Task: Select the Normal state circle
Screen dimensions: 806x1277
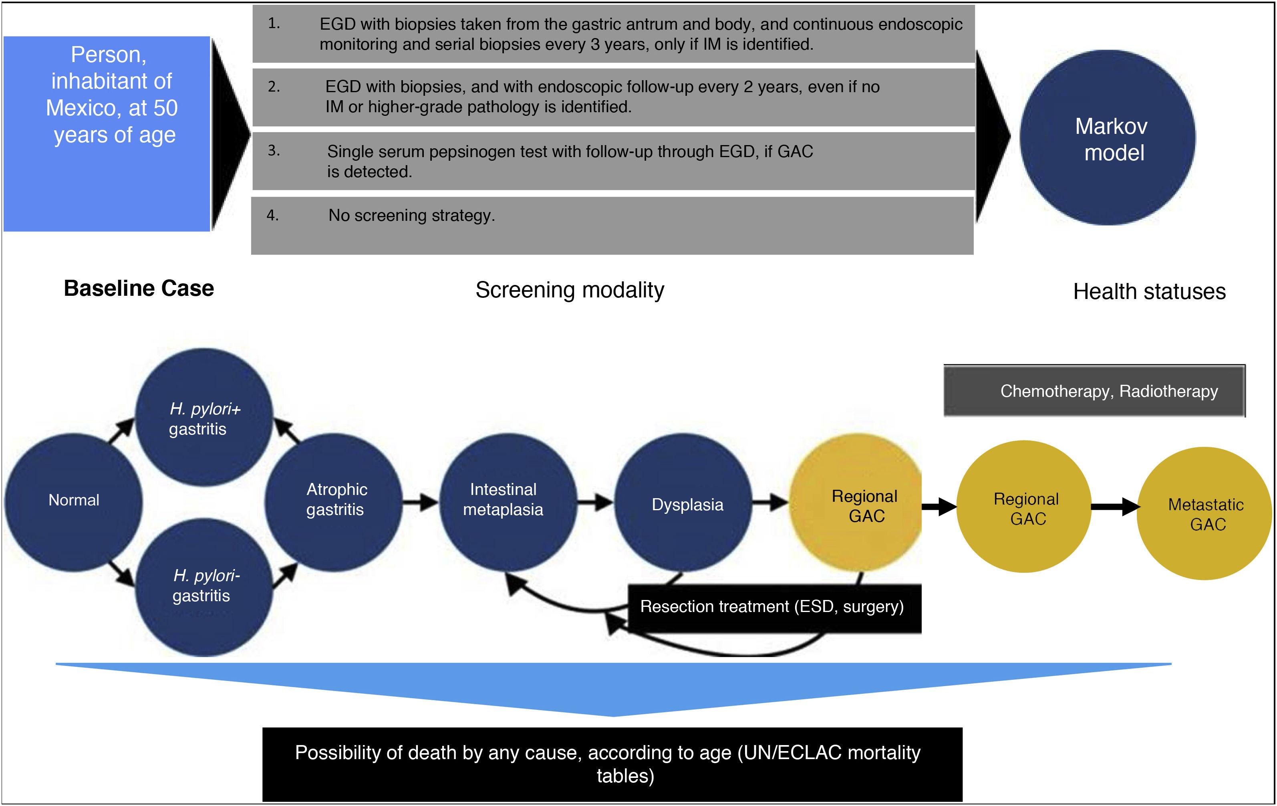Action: click(74, 501)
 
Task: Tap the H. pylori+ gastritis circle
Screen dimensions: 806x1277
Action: click(204, 418)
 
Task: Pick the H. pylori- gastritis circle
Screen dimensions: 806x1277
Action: click(205, 586)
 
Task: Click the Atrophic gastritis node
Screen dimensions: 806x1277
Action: click(334, 501)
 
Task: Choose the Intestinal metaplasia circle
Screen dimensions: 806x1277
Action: click(508, 501)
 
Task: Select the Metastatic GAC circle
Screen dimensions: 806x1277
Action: click(1205, 514)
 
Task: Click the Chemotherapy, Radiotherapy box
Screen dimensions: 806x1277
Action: click(1094, 391)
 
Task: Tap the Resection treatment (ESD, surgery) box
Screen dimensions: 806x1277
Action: click(773, 608)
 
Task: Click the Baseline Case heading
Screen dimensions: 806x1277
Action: click(139, 289)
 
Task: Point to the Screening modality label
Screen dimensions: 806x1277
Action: click(570, 290)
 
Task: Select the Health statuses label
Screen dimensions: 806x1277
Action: click(1149, 292)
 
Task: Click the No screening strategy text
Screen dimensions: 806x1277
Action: click(411, 216)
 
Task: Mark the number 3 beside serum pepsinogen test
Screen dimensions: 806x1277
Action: click(273, 151)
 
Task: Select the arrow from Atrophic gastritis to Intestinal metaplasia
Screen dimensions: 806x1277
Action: click(421, 501)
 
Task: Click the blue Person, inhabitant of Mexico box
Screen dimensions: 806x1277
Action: click(107, 134)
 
